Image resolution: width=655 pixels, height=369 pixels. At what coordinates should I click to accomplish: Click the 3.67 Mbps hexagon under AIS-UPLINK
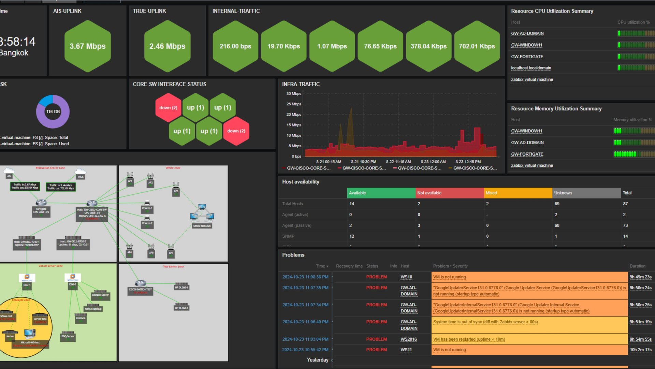pos(88,46)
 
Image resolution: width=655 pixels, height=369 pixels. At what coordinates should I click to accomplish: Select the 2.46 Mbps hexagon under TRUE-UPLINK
pos(167,46)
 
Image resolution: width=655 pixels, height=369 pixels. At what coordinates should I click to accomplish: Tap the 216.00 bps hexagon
pos(235,46)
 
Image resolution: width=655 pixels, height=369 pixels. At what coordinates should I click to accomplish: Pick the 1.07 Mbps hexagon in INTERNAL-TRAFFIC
pos(332,46)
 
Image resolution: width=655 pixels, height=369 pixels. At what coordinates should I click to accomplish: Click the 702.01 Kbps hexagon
pos(477,46)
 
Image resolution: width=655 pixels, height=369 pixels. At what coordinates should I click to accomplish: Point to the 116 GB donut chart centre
pos(53,112)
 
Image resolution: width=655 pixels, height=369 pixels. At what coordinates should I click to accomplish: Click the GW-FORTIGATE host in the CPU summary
pos(527,57)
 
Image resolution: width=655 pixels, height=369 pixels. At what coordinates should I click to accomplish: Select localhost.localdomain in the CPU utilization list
pos(531,68)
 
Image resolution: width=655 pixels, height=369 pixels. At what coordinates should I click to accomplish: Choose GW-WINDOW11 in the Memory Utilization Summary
pos(526,131)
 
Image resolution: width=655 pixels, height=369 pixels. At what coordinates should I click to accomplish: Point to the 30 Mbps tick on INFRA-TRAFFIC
pos(294,93)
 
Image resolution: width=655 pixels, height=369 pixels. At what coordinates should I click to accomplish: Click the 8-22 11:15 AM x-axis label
pos(398,162)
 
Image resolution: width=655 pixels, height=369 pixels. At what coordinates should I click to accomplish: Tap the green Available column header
pos(381,193)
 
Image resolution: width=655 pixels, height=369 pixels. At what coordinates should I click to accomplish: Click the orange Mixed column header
pos(518,193)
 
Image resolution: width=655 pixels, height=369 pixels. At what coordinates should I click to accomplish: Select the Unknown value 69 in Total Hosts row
pos(557,204)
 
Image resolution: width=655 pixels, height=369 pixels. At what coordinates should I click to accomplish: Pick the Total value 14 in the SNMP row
pos(625,236)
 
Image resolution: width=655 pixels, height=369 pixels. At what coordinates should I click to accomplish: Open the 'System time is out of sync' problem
pos(485,322)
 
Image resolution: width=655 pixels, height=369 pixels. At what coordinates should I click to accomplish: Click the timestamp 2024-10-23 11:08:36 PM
pos(305,277)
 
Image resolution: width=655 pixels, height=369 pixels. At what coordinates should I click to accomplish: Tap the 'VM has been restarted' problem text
pos(469,339)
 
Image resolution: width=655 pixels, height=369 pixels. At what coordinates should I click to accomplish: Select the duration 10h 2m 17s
pos(640,350)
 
